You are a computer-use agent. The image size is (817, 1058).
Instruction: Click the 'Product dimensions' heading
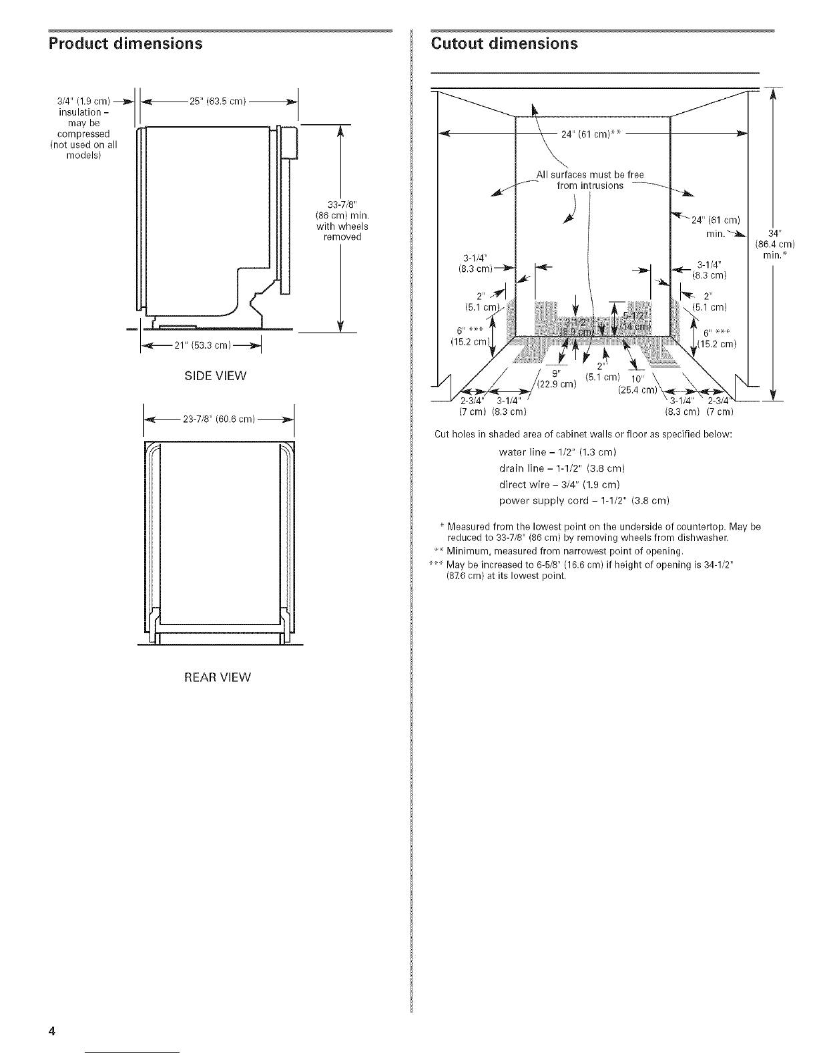point(125,45)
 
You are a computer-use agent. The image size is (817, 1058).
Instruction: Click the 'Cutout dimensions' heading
point(504,44)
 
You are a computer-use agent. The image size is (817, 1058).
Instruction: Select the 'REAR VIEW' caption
point(218,677)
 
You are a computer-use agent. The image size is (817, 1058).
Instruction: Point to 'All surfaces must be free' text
point(589,175)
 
